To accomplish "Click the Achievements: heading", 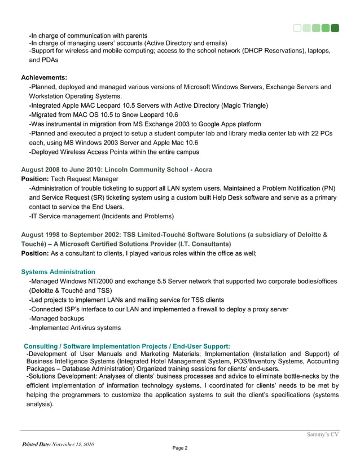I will [44, 77].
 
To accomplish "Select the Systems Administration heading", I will [58, 272].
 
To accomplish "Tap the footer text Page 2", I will [179, 448].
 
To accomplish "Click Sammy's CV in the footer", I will [322, 434].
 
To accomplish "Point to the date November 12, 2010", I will [73, 445].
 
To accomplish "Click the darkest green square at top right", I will [335, 27].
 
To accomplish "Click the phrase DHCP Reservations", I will [274, 51].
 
